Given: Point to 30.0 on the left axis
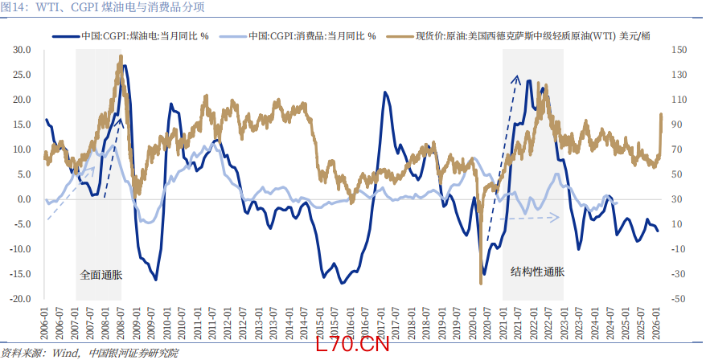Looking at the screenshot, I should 22,50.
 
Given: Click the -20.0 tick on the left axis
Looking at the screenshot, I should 20,299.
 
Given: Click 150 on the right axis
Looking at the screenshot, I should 679,50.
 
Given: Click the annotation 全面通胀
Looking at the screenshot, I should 101,275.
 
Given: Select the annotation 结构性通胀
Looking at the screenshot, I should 537,272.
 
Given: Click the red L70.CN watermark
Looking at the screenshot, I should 352,345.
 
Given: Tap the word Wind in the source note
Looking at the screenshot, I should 65,353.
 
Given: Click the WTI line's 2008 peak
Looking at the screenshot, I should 120,55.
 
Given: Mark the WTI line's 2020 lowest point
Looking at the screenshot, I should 481,283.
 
